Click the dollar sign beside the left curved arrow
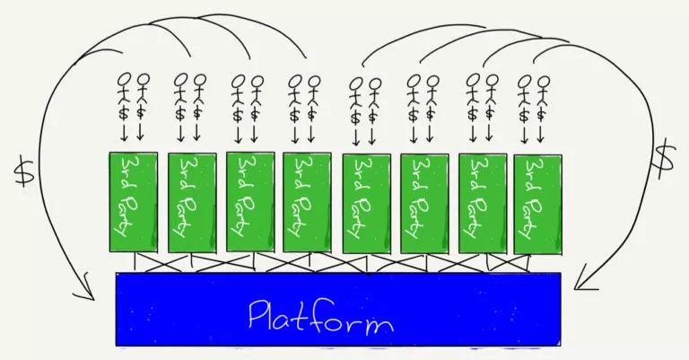pos(24,169)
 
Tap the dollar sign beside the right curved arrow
pos(664,160)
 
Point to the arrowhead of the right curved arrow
pos(580,285)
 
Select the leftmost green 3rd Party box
pos(133,201)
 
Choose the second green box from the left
pos(191,202)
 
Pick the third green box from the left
pos(249,201)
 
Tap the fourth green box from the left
pos(307,202)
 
